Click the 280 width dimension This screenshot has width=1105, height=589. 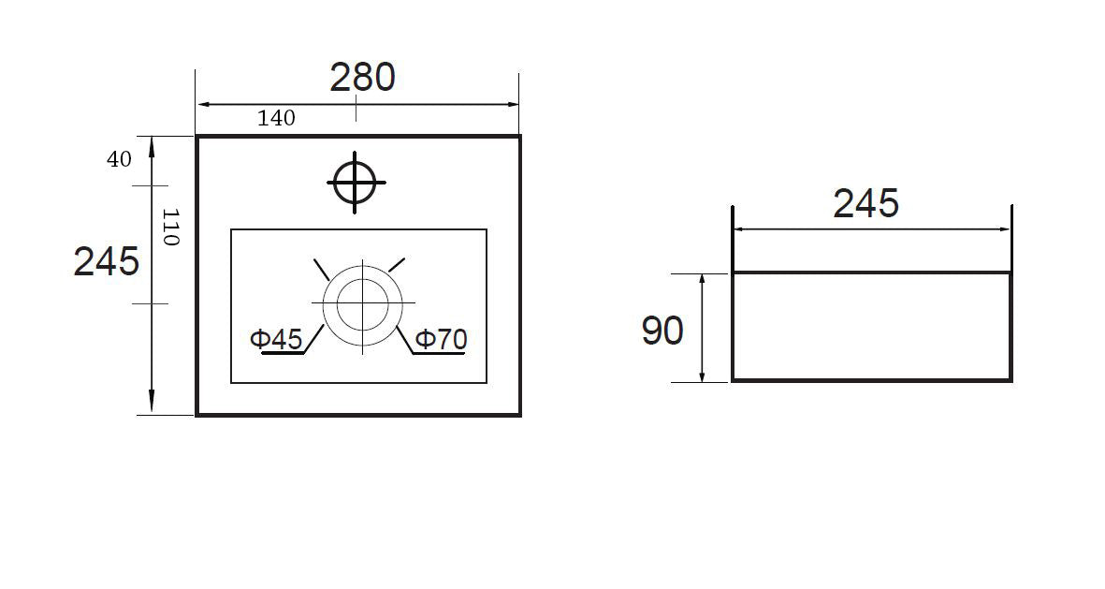click(x=362, y=78)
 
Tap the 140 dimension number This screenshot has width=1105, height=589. click(x=276, y=119)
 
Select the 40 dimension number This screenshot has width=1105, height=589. click(x=119, y=160)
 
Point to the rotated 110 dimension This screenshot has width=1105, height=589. click(x=171, y=227)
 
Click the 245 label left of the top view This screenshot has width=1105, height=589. click(x=107, y=261)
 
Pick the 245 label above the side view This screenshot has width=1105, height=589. click(x=866, y=204)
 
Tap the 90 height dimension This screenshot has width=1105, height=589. click(x=662, y=331)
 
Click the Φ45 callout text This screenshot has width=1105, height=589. click(x=276, y=339)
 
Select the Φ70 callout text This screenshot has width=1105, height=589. click(x=441, y=339)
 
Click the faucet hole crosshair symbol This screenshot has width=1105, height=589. click(x=356, y=182)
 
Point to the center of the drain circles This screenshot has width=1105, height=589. click(x=363, y=303)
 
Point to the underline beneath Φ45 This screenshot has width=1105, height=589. click(x=283, y=353)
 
